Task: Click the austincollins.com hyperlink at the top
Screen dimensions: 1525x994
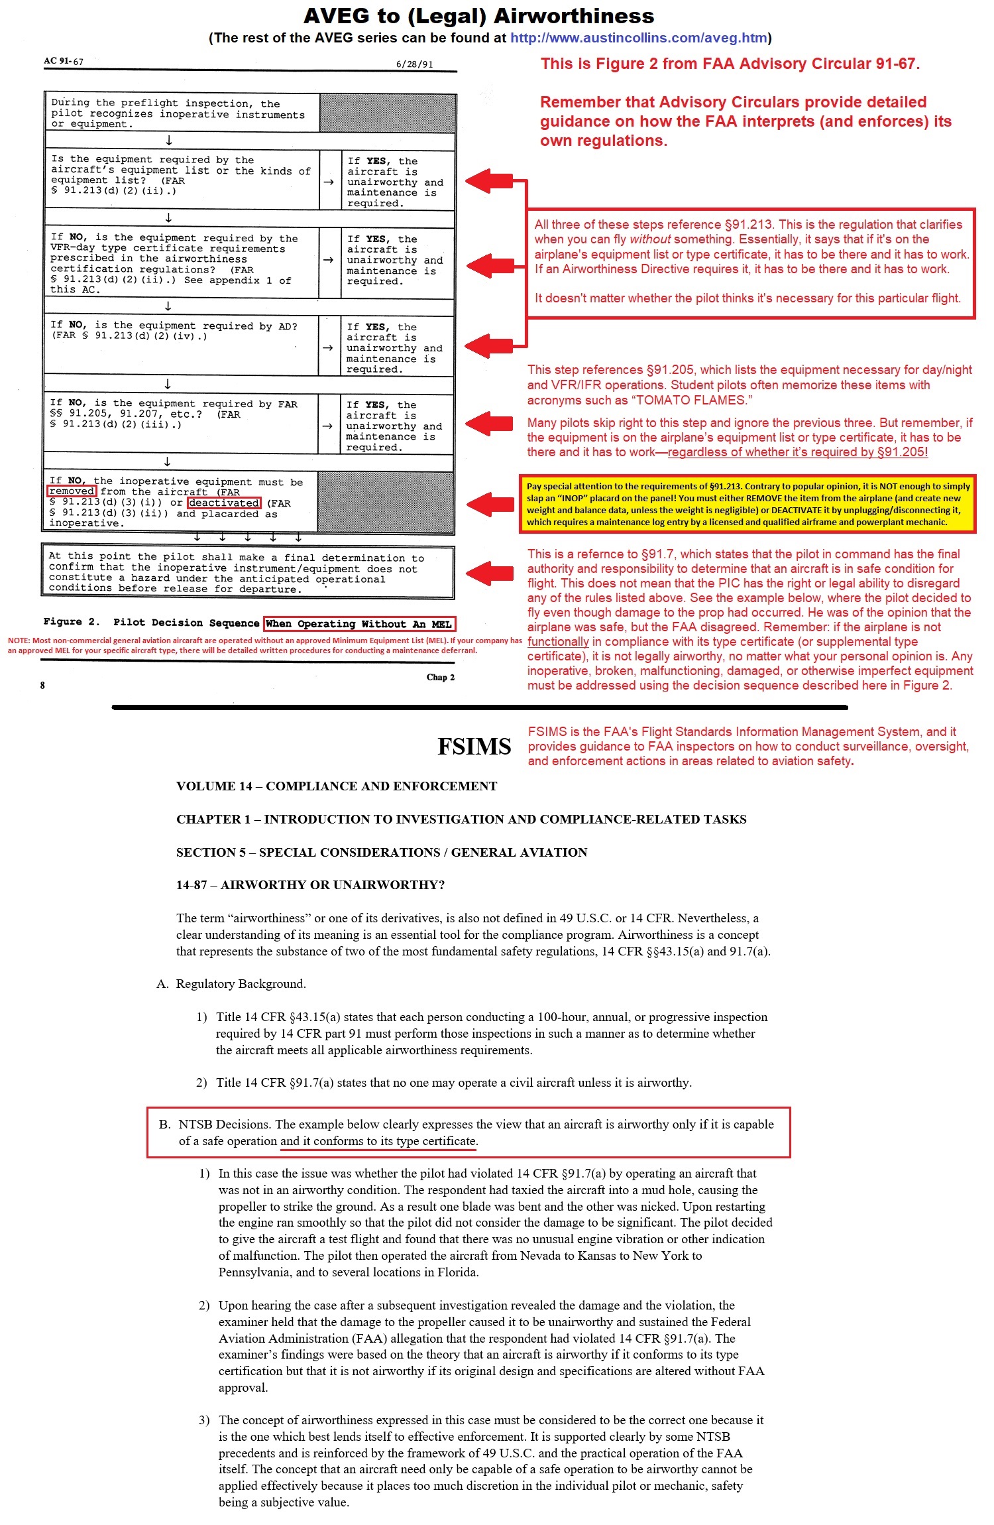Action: pos(638,38)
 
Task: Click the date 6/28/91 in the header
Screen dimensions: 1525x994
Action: pos(414,64)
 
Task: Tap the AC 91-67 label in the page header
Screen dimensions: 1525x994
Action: pos(64,61)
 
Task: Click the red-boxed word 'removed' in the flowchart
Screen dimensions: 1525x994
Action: pos(72,491)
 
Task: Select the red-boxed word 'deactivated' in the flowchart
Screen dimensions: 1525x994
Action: pos(224,503)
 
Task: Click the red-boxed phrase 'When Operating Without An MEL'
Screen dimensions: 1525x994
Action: pos(359,624)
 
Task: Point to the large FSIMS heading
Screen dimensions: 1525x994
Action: pos(474,747)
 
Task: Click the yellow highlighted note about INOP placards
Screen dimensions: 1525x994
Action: pos(747,504)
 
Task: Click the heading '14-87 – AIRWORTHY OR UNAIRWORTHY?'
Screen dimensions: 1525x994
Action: pos(310,884)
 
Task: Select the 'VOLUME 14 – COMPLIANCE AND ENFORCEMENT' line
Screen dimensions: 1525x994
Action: pos(336,786)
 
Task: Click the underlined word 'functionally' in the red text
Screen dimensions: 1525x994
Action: pos(558,642)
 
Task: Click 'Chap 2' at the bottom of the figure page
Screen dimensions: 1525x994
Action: pos(440,677)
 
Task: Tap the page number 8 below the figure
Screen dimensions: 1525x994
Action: pos(42,685)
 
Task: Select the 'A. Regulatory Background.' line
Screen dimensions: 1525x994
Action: pos(231,983)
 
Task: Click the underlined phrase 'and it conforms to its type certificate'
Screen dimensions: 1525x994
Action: pos(378,1141)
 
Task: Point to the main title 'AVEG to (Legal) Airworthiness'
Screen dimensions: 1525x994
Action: pos(478,16)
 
